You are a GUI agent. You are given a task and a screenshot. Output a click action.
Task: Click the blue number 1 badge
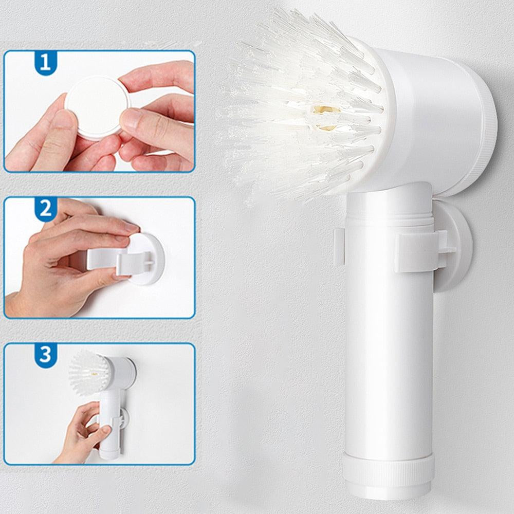46,62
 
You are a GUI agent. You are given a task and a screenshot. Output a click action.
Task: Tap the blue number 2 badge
46,209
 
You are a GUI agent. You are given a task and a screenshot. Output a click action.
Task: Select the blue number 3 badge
46,355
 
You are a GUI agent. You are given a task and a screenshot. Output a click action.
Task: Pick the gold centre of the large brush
323,118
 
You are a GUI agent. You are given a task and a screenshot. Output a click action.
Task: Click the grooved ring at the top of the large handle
390,218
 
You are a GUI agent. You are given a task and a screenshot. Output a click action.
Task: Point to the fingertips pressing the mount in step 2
130,233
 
